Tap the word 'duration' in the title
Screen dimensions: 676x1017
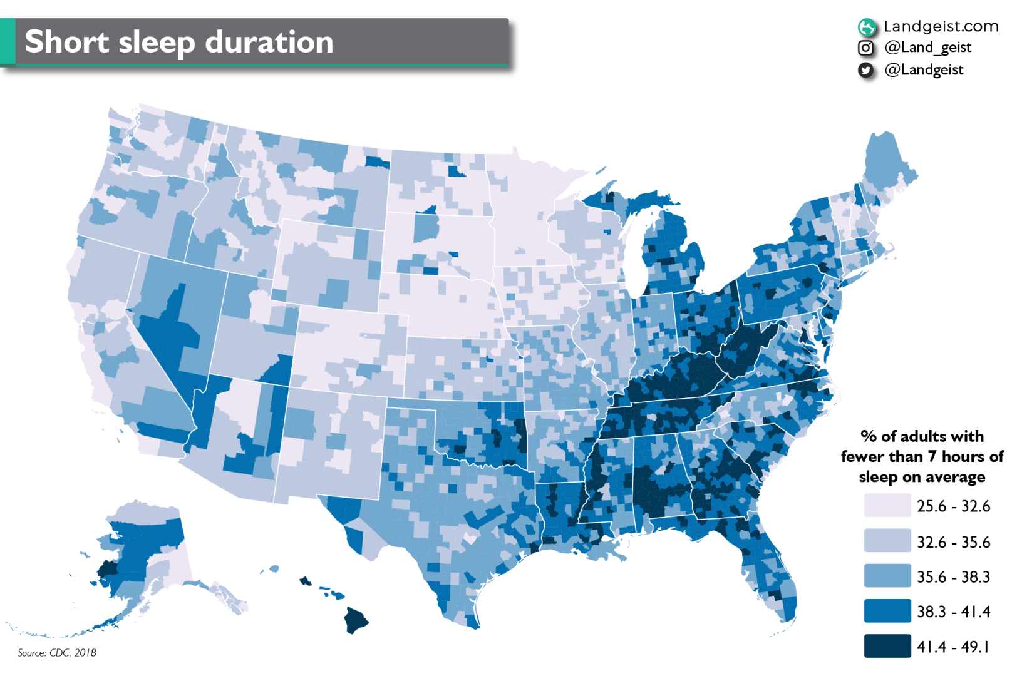269,43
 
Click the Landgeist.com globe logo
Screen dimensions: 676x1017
867,27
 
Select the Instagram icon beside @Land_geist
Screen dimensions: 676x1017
865,48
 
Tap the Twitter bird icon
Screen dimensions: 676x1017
865,70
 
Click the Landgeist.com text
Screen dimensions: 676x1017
941,26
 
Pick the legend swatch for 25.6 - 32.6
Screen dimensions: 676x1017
887,505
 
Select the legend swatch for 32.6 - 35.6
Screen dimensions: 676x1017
887,541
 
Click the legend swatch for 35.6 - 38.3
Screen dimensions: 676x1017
887,576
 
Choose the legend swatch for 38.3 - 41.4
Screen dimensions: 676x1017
887,611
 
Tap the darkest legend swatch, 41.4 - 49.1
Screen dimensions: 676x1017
887,646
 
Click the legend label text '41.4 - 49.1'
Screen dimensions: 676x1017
953,647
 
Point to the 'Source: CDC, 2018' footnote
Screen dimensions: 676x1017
57,653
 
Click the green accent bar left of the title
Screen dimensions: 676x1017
8,41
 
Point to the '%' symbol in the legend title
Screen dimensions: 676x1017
869,436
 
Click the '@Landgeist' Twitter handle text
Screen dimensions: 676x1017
924,70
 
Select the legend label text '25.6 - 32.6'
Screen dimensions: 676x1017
953,506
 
